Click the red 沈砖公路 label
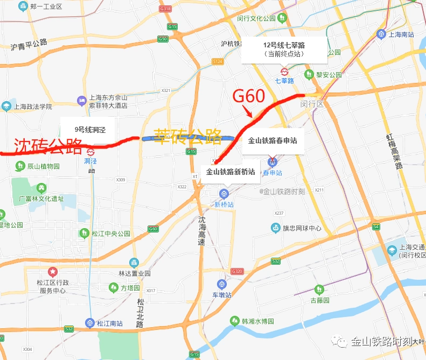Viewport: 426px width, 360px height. click(48, 146)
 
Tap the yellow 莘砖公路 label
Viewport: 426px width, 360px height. click(188, 137)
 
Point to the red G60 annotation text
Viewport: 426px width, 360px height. click(248, 97)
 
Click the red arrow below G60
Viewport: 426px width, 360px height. click(248, 112)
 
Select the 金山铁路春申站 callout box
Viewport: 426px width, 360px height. click(273, 141)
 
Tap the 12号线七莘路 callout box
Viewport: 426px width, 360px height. click(284, 50)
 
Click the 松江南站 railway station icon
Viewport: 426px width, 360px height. click(89, 323)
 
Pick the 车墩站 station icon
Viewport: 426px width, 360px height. click(221, 284)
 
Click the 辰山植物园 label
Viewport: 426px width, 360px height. click(43, 166)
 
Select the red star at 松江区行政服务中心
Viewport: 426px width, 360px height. click(52, 272)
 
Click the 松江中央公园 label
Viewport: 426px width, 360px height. click(110, 234)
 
